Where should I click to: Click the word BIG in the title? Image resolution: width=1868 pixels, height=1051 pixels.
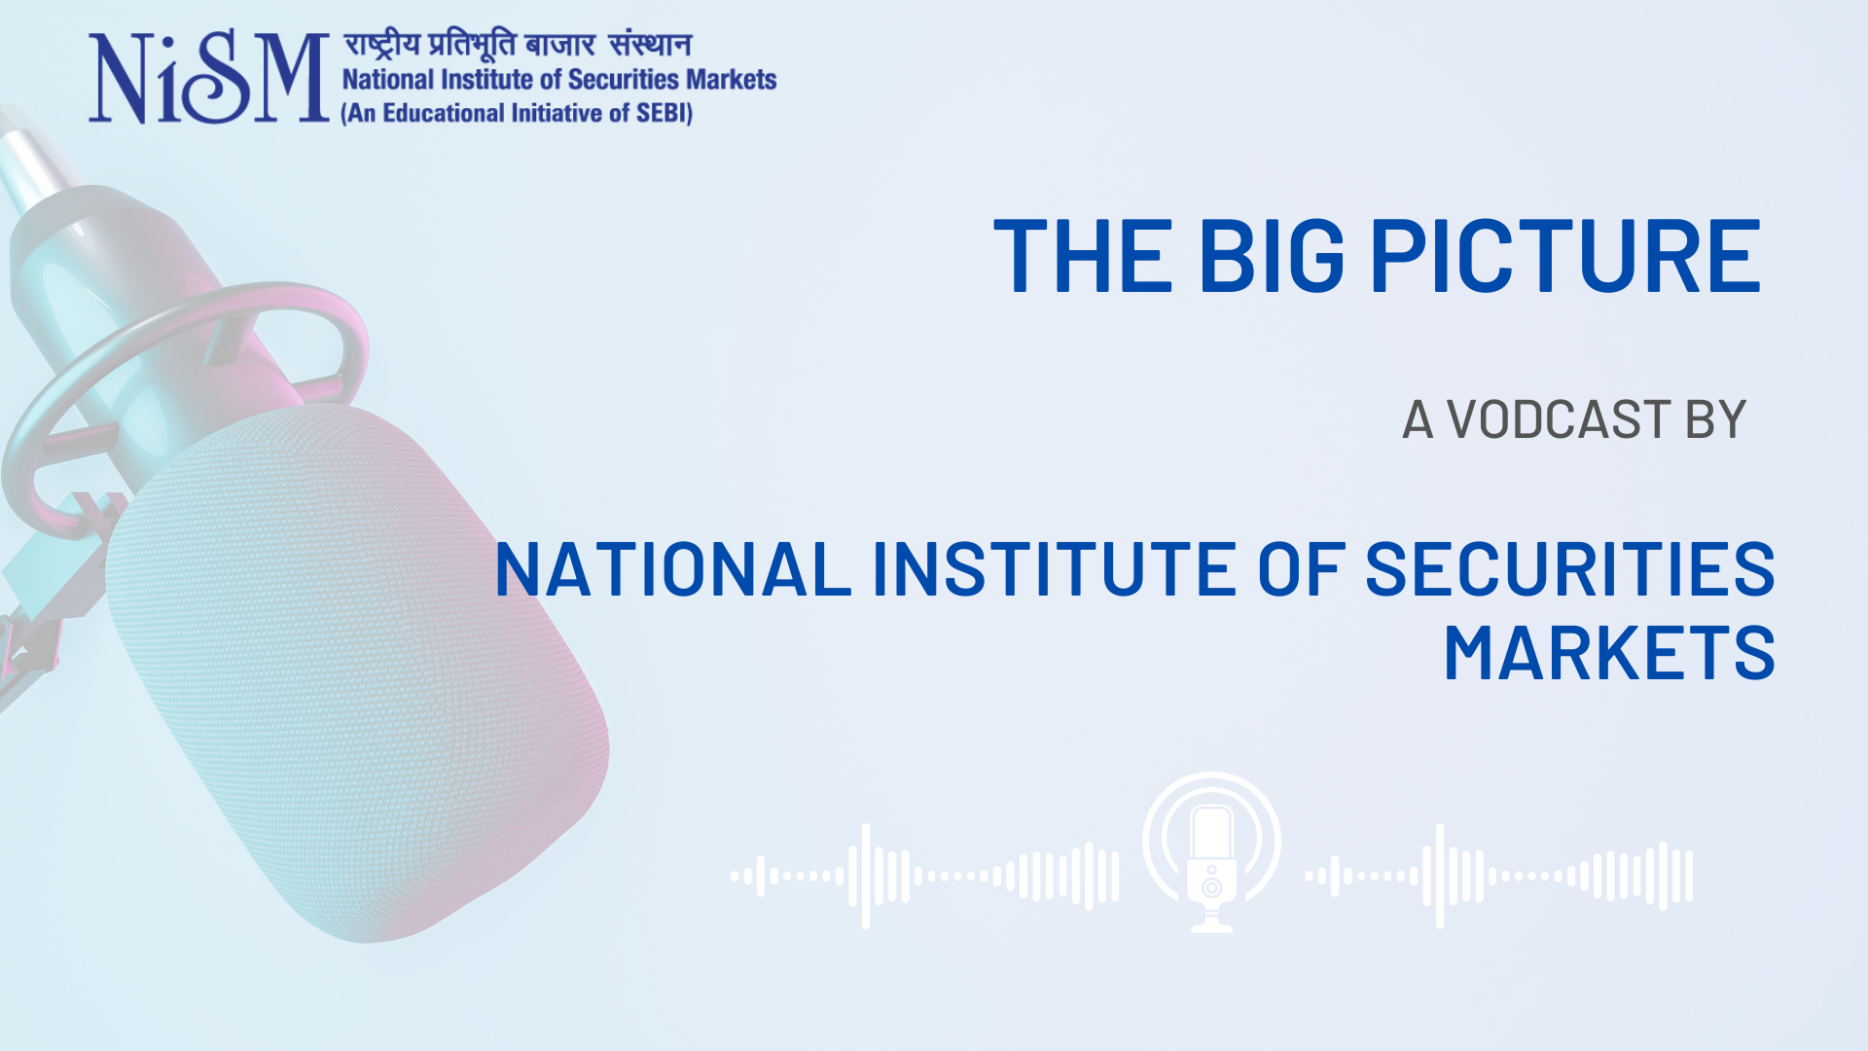(x=1272, y=255)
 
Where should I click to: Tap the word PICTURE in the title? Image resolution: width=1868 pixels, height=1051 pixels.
(x=1566, y=255)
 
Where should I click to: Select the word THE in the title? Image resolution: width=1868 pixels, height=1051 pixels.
(x=1083, y=255)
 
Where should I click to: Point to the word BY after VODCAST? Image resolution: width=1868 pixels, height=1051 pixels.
(x=1716, y=419)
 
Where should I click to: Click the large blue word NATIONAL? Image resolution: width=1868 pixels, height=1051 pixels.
(x=673, y=569)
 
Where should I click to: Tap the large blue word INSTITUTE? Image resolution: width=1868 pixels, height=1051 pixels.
(x=1055, y=569)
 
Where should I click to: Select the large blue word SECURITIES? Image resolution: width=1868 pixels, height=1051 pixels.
(x=1570, y=569)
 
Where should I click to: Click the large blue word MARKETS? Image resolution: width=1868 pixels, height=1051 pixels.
(x=1609, y=653)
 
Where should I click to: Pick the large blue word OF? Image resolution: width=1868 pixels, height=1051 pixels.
(x=1302, y=569)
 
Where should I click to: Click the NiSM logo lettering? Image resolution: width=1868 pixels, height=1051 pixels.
(x=209, y=77)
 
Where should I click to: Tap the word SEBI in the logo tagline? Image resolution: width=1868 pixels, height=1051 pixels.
(x=662, y=113)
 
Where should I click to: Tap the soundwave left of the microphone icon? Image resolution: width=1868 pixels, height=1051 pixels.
(x=924, y=876)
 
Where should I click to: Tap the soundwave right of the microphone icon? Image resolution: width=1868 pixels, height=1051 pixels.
(x=1499, y=876)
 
